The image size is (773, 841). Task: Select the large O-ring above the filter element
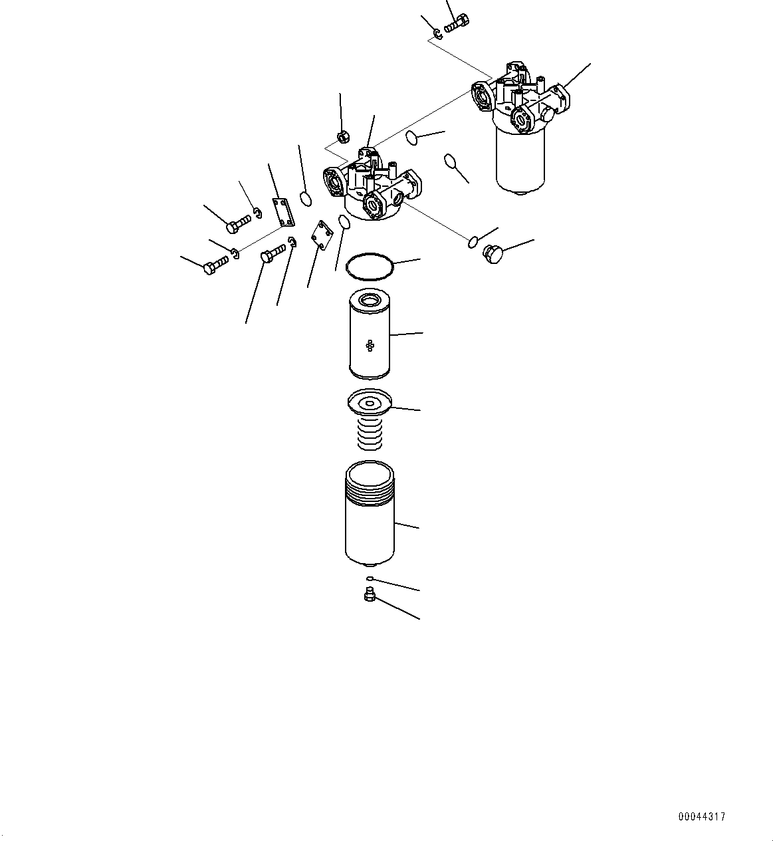click(370, 265)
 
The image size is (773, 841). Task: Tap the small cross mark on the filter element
click(370, 344)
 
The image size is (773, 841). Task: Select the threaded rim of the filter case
click(370, 492)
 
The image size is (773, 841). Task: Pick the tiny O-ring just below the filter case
click(370, 578)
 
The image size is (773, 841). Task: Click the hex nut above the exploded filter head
click(342, 137)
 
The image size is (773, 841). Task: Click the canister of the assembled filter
click(520, 160)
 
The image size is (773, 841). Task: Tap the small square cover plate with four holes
click(321, 235)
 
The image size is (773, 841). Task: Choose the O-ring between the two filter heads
click(412, 138)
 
